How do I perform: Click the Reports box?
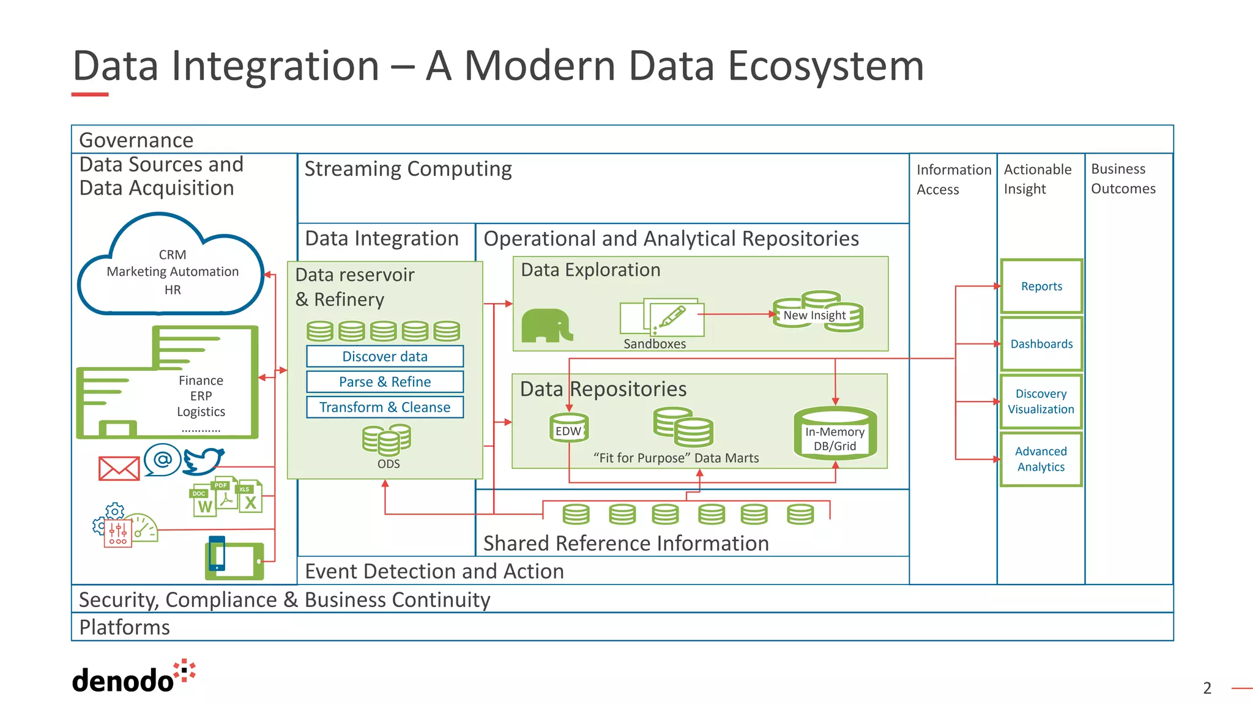point(1041,286)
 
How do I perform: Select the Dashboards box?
point(1041,344)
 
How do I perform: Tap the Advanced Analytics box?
point(1041,459)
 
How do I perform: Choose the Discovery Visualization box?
point(1041,401)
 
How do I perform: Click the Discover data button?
point(385,356)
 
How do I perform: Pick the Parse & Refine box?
point(385,382)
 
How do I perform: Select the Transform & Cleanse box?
point(385,407)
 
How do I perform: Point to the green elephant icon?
point(546,326)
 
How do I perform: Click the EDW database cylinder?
point(568,427)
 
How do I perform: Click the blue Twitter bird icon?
point(203,461)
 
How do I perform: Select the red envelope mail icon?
point(119,469)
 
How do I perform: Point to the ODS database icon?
point(387,439)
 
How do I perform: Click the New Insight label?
point(814,315)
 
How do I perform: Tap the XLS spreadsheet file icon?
point(250,497)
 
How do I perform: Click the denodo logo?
point(133,678)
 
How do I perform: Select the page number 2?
point(1207,688)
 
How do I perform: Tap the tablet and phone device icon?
point(234,559)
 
